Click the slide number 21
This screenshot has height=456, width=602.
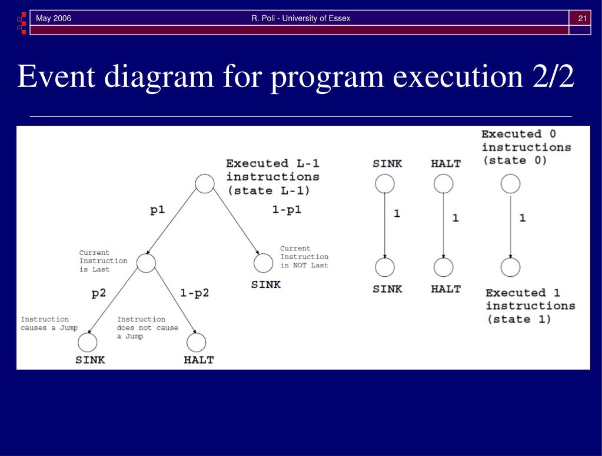click(x=583, y=18)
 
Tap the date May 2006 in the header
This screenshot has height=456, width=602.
click(x=54, y=18)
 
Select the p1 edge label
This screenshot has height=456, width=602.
click(x=157, y=210)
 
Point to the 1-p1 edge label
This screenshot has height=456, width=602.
click(x=287, y=210)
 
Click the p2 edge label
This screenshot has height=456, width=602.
click(x=99, y=293)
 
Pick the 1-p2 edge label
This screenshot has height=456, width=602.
click(x=194, y=293)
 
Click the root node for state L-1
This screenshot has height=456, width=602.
click(x=204, y=184)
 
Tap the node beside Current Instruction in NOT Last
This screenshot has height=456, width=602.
click(x=263, y=263)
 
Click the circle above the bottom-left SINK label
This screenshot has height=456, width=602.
click(x=88, y=343)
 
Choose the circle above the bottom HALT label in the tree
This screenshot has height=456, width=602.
click(x=196, y=343)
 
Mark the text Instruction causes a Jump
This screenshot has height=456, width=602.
click(x=49, y=323)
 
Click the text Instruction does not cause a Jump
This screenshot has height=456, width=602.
click(x=147, y=327)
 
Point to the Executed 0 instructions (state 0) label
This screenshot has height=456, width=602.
click(x=526, y=147)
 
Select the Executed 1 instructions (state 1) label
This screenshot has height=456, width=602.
click(x=530, y=306)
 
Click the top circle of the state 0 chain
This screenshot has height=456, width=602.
click(x=510, y=184)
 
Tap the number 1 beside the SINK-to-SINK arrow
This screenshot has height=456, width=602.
click(x=397, y=214)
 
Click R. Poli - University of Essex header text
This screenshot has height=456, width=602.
click(x=301, y=18)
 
